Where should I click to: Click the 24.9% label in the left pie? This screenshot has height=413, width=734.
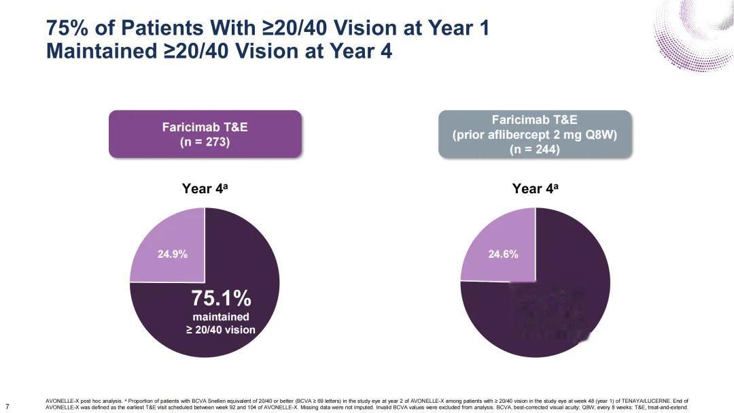point(173,254)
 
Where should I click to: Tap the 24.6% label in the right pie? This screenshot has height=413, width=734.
point(503,254)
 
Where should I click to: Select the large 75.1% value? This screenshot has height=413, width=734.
point(221,298)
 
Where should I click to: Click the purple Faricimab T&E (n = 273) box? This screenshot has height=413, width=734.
point(205,134)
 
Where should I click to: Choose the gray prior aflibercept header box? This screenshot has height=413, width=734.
point(534,134)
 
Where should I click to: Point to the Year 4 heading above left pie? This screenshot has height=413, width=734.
point(205,189)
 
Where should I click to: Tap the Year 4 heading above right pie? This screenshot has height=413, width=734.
point(535,189)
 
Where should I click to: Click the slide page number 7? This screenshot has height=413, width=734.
point(7,407)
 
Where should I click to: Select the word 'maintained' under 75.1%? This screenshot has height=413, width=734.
point(221,317)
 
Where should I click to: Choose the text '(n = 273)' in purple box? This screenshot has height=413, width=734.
point(205,143)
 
